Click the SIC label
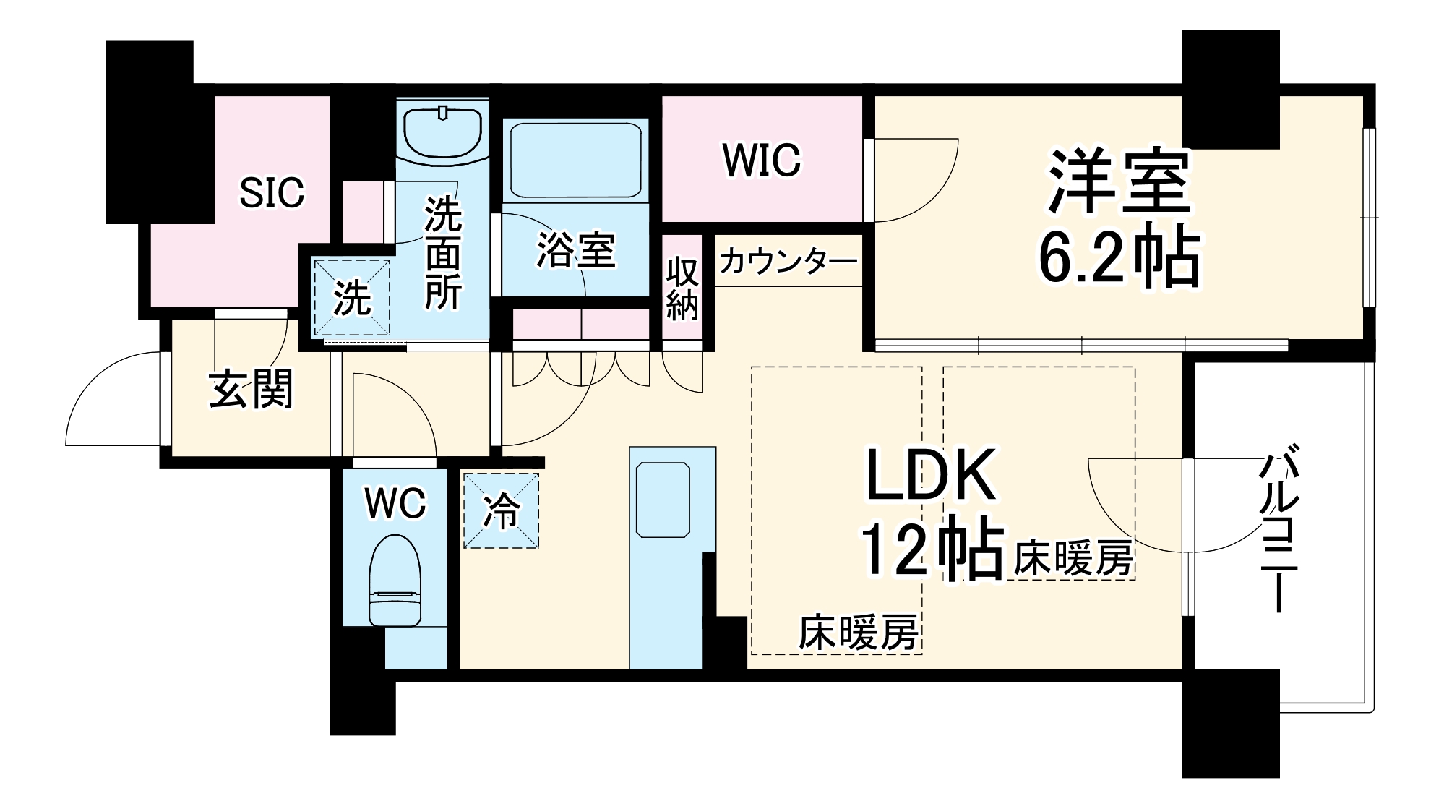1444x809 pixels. (x=272, y=193)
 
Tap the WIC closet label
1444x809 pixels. (x=762, y=160)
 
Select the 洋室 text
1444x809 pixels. (x=1119, y=182)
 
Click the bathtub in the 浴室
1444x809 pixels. (x=575, y=159)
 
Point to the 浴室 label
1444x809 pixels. (x=575, y=250)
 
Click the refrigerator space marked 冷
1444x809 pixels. (x=501, y=510)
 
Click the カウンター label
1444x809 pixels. (x=788, y=261)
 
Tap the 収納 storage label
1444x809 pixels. (x=682, y=288)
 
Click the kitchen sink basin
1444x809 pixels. (x=663, y=500)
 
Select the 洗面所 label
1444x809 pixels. (x=442, y=253)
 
